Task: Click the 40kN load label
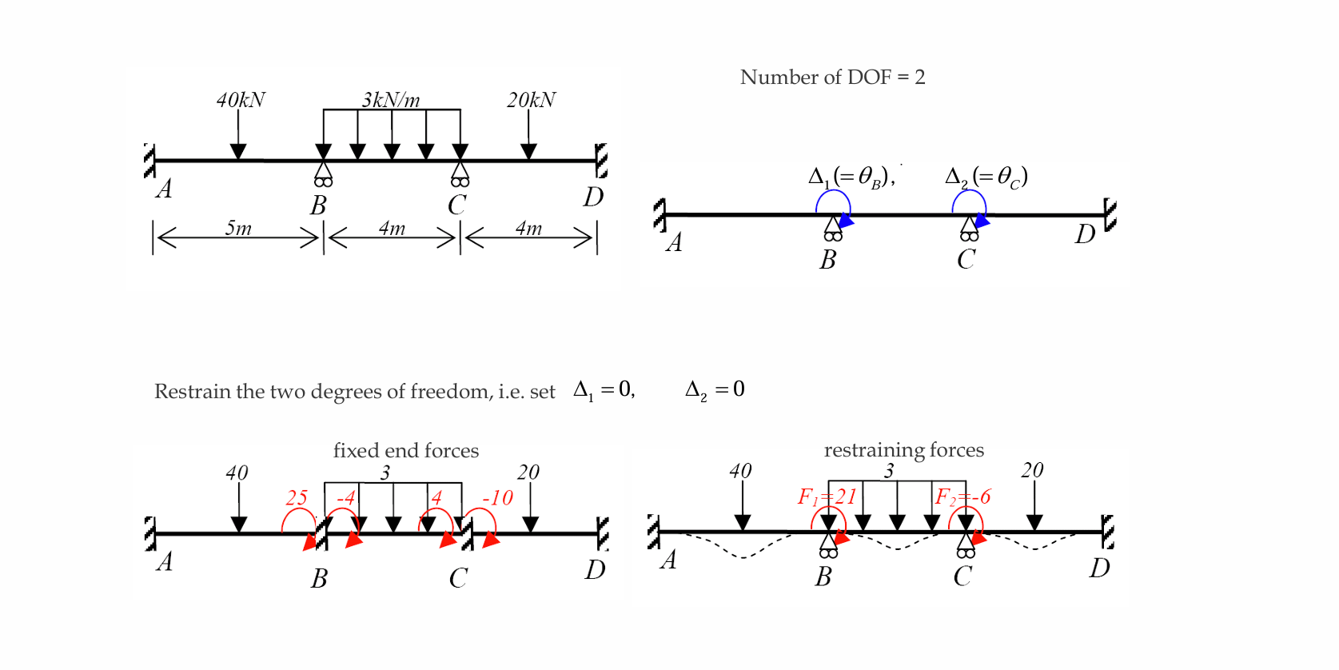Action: [241, 100]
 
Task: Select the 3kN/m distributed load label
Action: [390, 100]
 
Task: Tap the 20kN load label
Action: [531, 100]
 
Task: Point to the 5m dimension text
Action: [238, 229]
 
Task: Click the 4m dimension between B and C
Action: [392, 229]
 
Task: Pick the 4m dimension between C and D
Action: [528, 229]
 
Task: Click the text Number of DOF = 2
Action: [832, 77]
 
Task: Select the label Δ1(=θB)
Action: [851, 177]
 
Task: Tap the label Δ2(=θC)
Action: [986, 177]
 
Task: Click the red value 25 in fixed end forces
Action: [297, 497]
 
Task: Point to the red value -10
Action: [497, 497]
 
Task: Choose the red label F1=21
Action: [827, 497]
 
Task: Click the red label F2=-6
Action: [962, 497]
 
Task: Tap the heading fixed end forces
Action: [405, 450]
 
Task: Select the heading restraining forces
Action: [903, 449]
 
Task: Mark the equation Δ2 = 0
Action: [715, 389]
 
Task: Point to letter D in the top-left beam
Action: [592, 197]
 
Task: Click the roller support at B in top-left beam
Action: [323, 173]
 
